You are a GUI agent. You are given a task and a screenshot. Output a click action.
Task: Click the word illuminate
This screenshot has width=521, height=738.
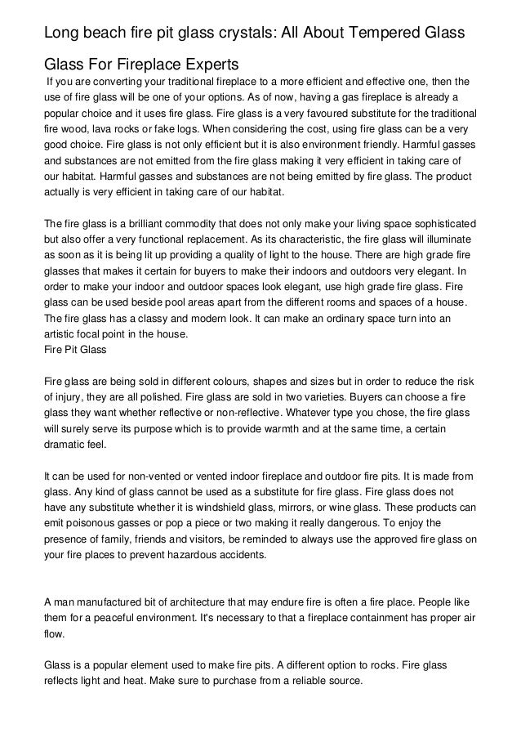click(444, 239)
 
